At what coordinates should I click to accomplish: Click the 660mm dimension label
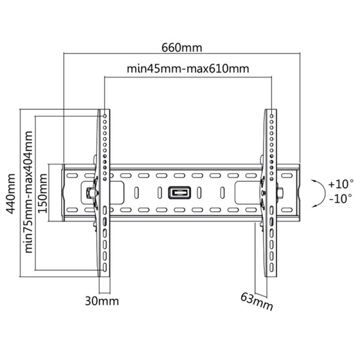[x=182, y=47]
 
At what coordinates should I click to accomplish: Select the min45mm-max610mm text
[x=188, y=69]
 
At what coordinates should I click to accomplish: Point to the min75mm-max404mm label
[x=29, y=192]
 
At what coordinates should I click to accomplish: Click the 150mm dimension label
[x=43, y=193]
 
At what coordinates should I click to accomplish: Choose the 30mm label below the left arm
[x=102, y=301]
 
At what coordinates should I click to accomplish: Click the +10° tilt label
[x=341, y=184]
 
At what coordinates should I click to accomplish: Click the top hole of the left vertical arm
[x=104, y=116]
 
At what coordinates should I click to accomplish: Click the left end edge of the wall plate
[x=63, y=193]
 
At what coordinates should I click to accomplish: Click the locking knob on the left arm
[x=90, y=192]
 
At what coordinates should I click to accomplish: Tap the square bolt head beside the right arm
[x=281, y=193]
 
